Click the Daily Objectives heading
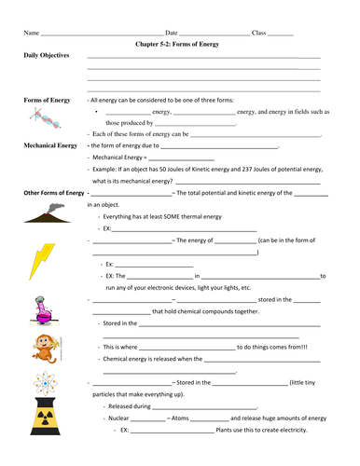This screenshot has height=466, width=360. pyautogui.click(x=47, y=56)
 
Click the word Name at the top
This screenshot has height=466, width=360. pyautogui.click(x=32, y=33)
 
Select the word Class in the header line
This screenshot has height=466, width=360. pyautogui.click(x=259, y=33)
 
